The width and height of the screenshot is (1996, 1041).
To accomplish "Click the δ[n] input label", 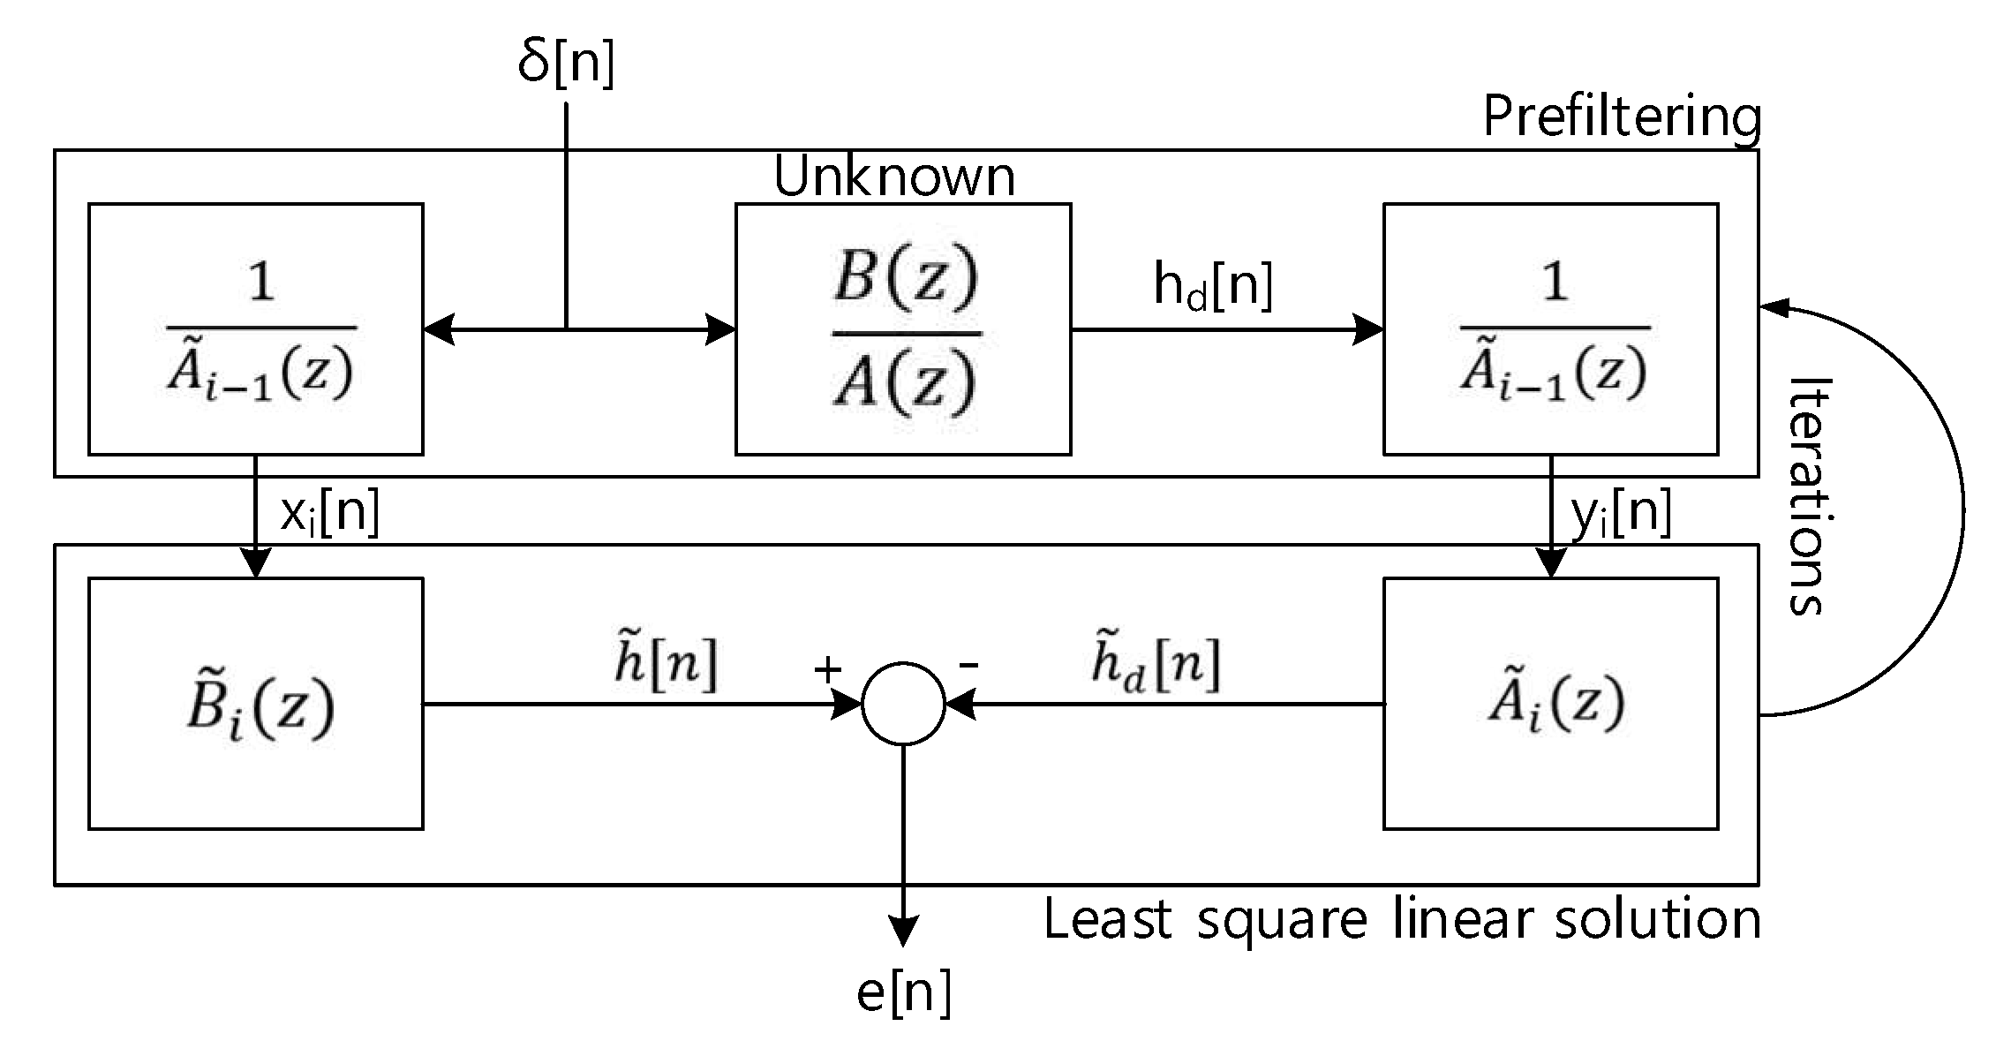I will click(566, 63).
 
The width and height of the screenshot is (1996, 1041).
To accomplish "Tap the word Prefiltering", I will click(1621, 117).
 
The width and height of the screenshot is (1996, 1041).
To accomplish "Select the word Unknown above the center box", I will click(894, 177).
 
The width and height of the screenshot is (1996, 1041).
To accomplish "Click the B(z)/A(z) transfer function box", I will click(903, 329).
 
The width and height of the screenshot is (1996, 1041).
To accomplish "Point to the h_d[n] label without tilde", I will click(1213, 286).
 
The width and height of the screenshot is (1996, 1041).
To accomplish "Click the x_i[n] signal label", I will click(329, 513).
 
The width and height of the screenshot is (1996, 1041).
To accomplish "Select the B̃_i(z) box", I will click(256, 704).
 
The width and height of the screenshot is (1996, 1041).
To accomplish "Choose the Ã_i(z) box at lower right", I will click(1550, 704).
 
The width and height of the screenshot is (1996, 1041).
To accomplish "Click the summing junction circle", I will click(903, 704).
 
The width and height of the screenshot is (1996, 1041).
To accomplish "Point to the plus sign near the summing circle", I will click(827, 670).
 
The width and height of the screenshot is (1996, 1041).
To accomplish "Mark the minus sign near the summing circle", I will click(968, 664).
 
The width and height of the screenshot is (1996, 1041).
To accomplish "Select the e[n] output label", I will click(903, 992).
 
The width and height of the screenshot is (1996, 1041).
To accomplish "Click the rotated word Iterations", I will click(1808, 494).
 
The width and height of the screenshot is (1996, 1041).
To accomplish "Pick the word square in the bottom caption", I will click(1282, 921).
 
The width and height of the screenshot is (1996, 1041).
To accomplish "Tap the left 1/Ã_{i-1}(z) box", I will click(256, 329).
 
